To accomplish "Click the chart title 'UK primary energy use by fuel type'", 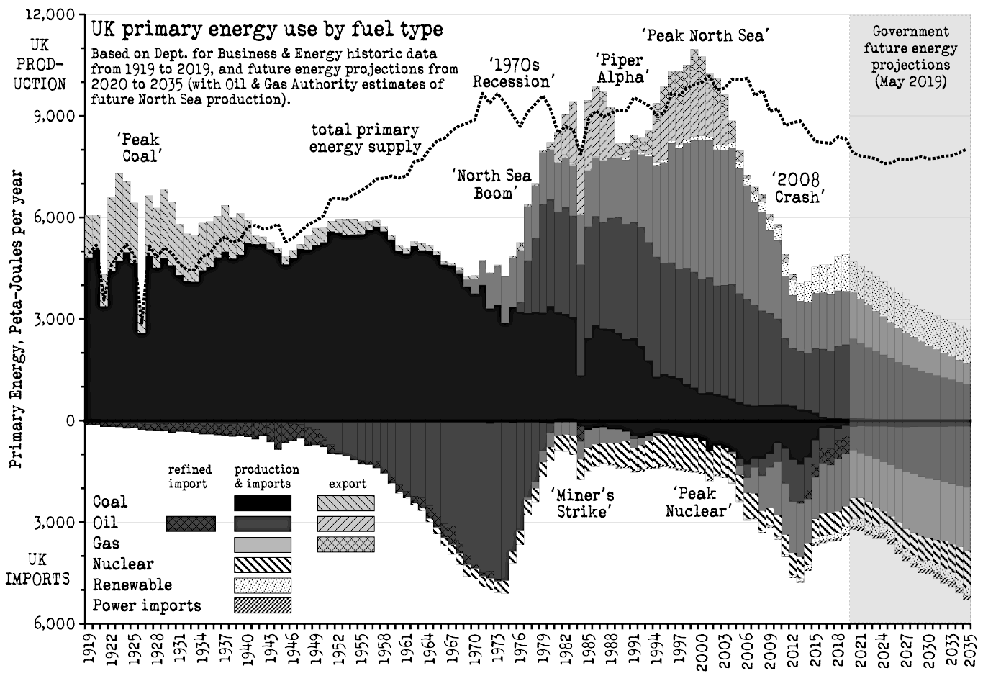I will (266, 30).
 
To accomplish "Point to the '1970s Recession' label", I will (512, 73).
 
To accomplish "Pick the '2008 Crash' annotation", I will (797, 187).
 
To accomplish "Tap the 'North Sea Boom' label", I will (492, 184).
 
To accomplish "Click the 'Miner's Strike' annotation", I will (583, 503).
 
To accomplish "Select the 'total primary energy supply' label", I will (365, 138).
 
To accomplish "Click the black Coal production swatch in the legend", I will (263, 502).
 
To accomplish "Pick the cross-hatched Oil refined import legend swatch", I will (191, 523).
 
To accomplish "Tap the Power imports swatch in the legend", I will (263, 605).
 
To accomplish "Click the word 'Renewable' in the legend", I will (132, 585).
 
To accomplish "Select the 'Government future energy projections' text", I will (910, 56).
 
